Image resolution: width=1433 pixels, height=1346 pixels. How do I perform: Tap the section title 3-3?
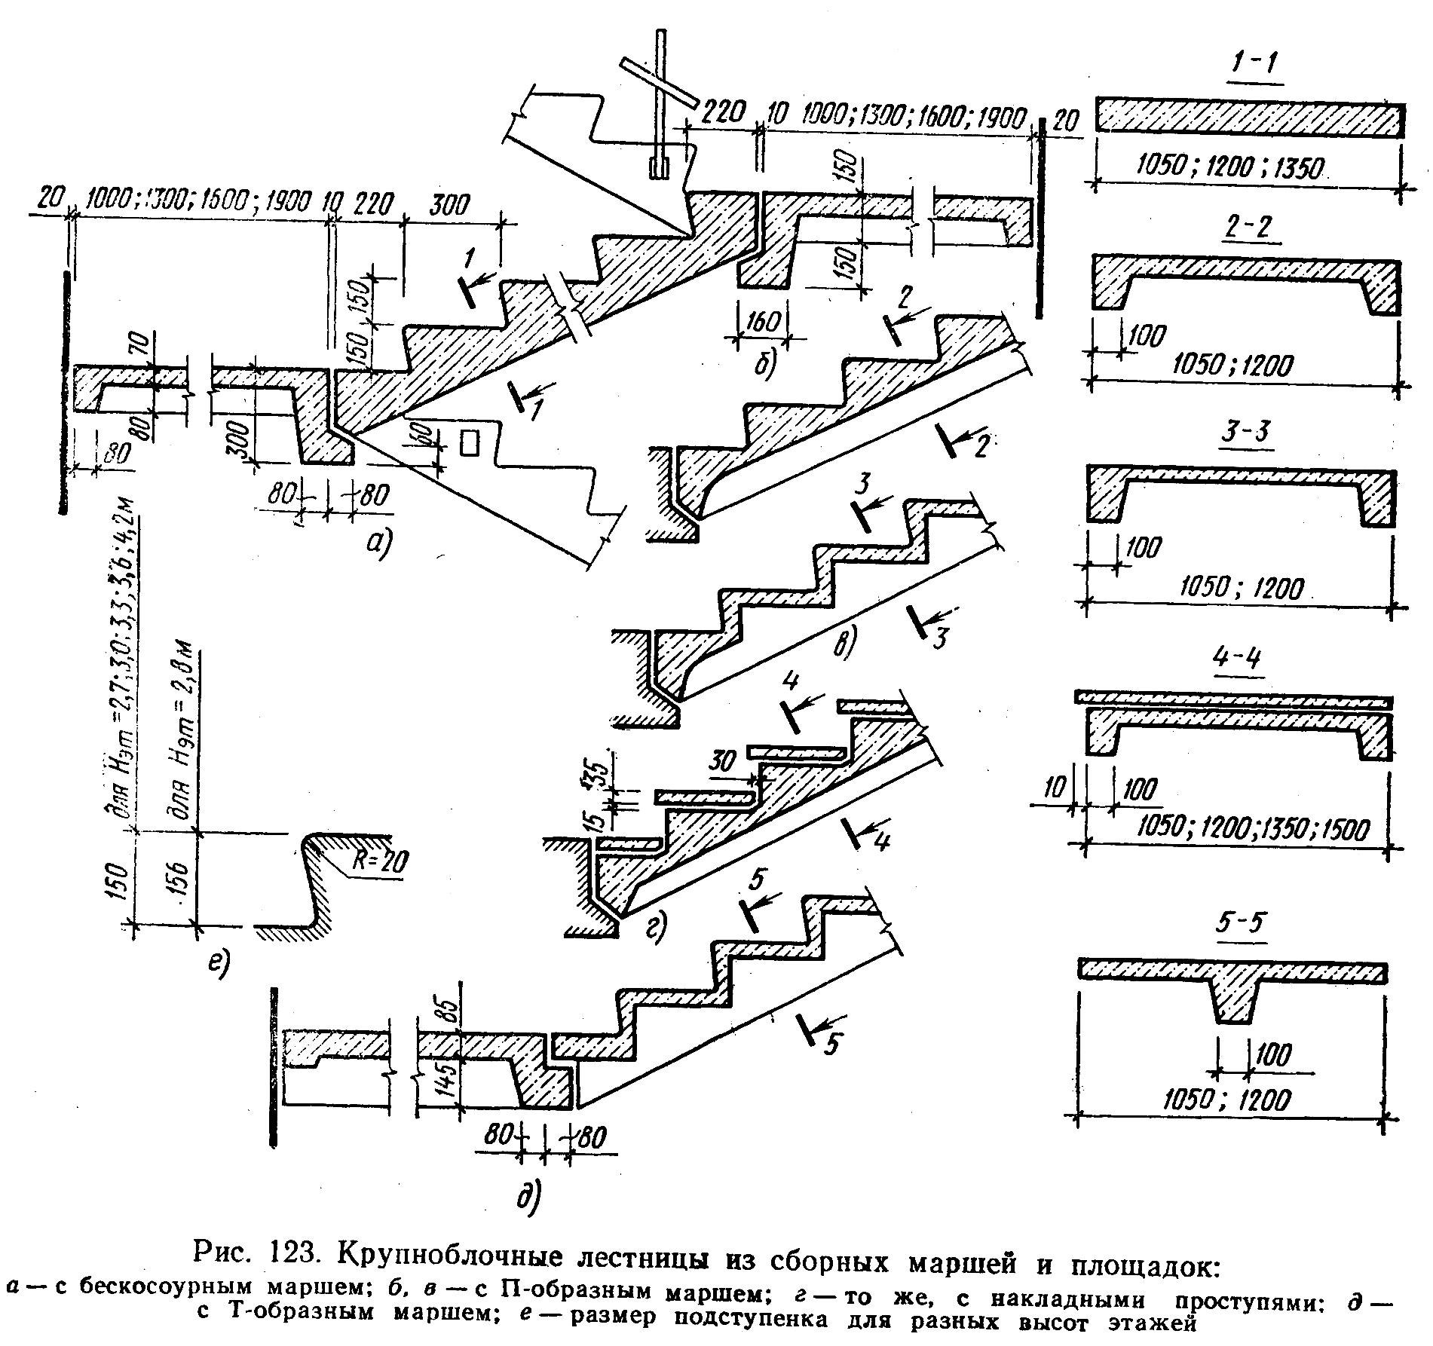click(x=1242, y=436)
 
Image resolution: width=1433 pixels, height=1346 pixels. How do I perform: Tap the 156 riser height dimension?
click(x=181, y=877)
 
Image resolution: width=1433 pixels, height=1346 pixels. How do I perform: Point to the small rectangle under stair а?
click(x=470, y=442)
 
